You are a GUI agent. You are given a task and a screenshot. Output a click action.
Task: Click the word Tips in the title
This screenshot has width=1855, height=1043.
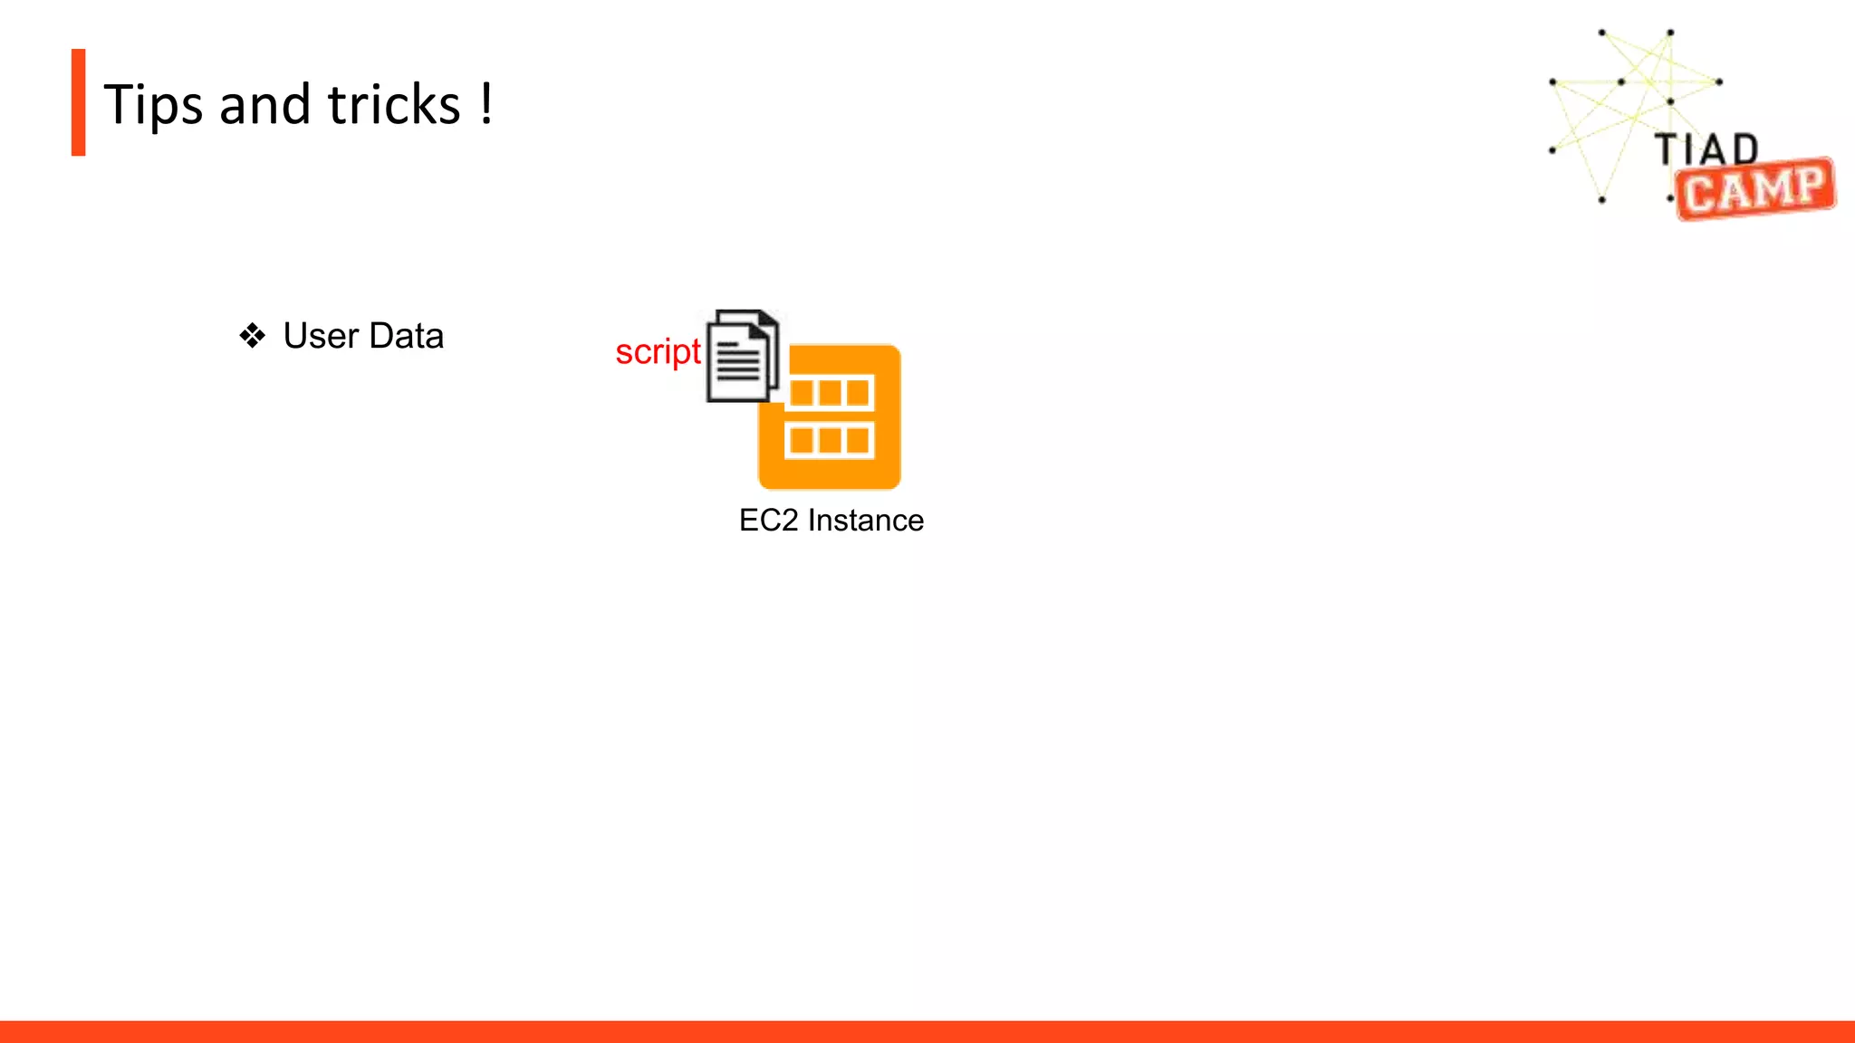[153, 105]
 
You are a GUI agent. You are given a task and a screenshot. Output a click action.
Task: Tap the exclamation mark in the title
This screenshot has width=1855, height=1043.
[487, 103]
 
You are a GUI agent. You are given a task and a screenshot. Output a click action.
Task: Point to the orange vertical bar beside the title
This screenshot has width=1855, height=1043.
[79, 102]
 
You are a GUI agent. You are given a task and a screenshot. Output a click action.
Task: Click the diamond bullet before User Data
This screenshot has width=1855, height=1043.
[253, 336]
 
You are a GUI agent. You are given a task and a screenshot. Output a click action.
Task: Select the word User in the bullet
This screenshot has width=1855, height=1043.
[321, 336]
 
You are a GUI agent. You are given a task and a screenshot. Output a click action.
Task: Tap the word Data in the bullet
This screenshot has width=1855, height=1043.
[407, 336]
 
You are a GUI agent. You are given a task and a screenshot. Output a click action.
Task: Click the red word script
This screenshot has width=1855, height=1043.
[658, 352]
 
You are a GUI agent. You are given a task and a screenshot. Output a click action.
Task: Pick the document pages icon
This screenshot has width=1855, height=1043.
[742, 356]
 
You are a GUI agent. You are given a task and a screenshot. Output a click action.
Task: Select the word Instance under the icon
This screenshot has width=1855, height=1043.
[866, 521]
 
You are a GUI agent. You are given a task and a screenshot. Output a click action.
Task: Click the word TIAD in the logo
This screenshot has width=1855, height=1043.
[1706, 149]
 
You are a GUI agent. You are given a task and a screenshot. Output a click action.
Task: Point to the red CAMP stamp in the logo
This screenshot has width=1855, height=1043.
[1754, 189]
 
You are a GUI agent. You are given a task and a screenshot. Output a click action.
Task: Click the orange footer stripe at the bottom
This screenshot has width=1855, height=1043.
[927, 1031]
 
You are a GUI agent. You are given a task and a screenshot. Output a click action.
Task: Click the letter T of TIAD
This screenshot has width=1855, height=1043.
[1667, 149]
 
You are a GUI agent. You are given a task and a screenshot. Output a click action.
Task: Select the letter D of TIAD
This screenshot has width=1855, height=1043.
[1745, 149]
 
